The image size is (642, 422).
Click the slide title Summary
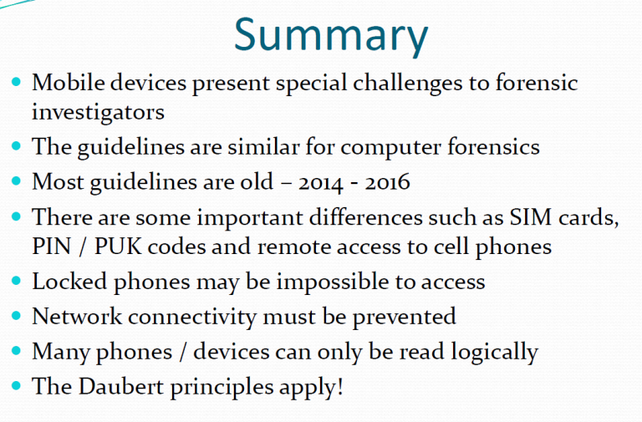pos(331,37)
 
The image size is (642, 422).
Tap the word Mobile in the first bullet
pos(69,82)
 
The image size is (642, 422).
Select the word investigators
pos(99,113)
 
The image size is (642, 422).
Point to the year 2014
pos(320,182)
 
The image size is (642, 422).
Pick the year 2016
pos(387,181)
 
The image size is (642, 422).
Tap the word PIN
pos(52,247)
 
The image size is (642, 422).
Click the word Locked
pos(69,282)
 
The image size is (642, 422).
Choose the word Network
pos(77,317)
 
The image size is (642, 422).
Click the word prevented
pos(404,318)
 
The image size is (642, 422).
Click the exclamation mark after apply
pos(340,386)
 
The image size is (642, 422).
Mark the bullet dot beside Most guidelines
pos(17,180)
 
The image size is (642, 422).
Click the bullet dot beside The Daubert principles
pos(17,385)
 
